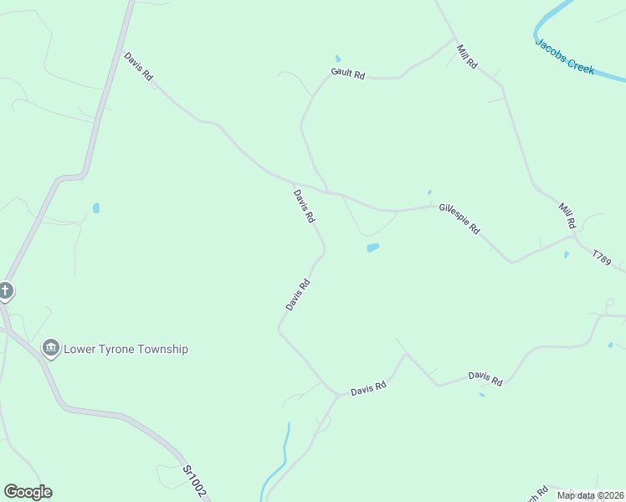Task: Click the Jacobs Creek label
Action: (x=565, y=56)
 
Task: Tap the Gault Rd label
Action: (x=348, y=74)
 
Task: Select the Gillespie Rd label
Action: (x=459, y=217)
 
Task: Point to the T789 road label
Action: (x=602, y=257)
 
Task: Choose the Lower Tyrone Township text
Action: (x=126, y=349)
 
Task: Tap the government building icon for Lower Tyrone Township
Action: (x=50, y=348)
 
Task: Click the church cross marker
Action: (x=5, y=291)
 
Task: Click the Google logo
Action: (x=28, y=492)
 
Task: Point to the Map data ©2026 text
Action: (x=589, y=495)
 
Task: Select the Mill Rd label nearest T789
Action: (x=567, y=215)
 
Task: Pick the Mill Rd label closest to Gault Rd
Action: (x=466, y=56)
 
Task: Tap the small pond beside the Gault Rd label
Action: (x=338, y=59)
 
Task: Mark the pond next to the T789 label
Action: (x=567, y=254)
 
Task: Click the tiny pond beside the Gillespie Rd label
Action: (x=429, y=192)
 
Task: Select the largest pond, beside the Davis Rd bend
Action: (x=372, y=247)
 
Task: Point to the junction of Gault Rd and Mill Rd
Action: (x=454, y=38)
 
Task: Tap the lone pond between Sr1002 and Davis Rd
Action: (x=96, y=207)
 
